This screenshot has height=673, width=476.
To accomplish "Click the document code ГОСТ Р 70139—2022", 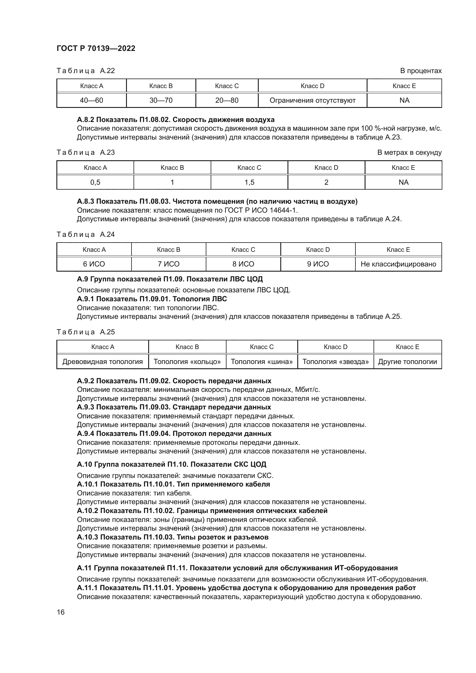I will [x=96, y=48].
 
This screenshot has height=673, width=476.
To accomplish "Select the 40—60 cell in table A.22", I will [x=92, y=100].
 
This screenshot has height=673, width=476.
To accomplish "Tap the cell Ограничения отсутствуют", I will [x=313, y=100].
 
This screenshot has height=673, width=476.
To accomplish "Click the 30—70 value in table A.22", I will [x=161, y=100].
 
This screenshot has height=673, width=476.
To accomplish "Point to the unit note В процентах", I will [x=421, y=71].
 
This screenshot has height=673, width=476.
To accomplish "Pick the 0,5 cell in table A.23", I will [x=95, y=182].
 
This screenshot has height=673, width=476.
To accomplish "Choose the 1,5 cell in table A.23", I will [x=250, y=182].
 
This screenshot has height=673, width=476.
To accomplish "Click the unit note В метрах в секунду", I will [x=409, y=152].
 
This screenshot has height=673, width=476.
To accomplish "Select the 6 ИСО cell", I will [x=94, y=264].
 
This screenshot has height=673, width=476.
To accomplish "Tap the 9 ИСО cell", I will [x=318, y=264].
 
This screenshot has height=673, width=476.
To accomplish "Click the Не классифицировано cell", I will [x=398, y=264].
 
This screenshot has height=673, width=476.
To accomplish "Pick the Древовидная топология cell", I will [x=102, y=361].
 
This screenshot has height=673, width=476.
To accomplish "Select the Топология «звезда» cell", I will [x=336, y=361].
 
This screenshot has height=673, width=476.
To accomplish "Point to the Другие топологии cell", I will [x=408, y=361].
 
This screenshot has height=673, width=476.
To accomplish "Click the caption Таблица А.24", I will [x=85, y=234].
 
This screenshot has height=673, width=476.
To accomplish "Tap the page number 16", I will [x=61, y=612].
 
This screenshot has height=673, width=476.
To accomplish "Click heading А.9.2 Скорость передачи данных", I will [x=174, y=381].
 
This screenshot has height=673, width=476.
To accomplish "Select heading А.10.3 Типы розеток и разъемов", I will [x=173, y=537].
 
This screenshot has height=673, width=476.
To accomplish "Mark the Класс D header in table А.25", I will [x=336, y=347].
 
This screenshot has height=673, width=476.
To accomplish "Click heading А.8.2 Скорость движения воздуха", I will [x=176, y=120].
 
